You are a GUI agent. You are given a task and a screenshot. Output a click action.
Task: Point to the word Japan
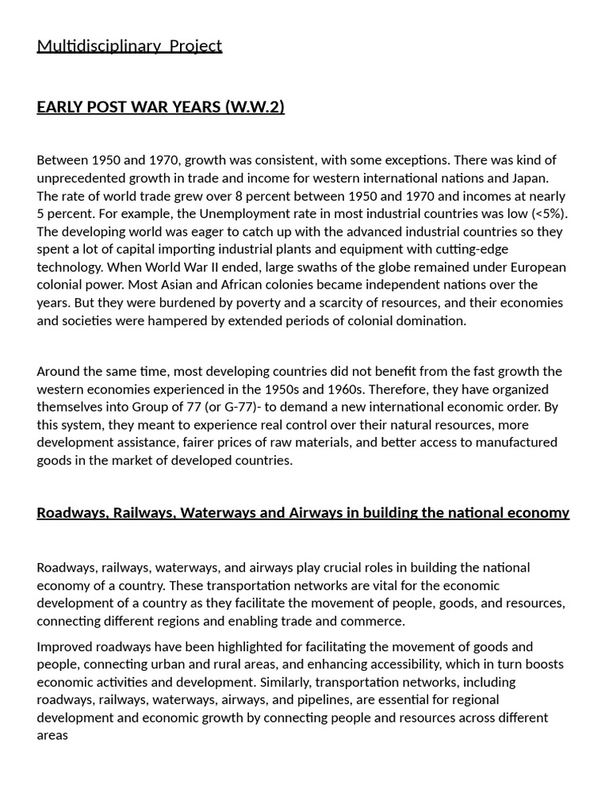(x=530, y=178)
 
